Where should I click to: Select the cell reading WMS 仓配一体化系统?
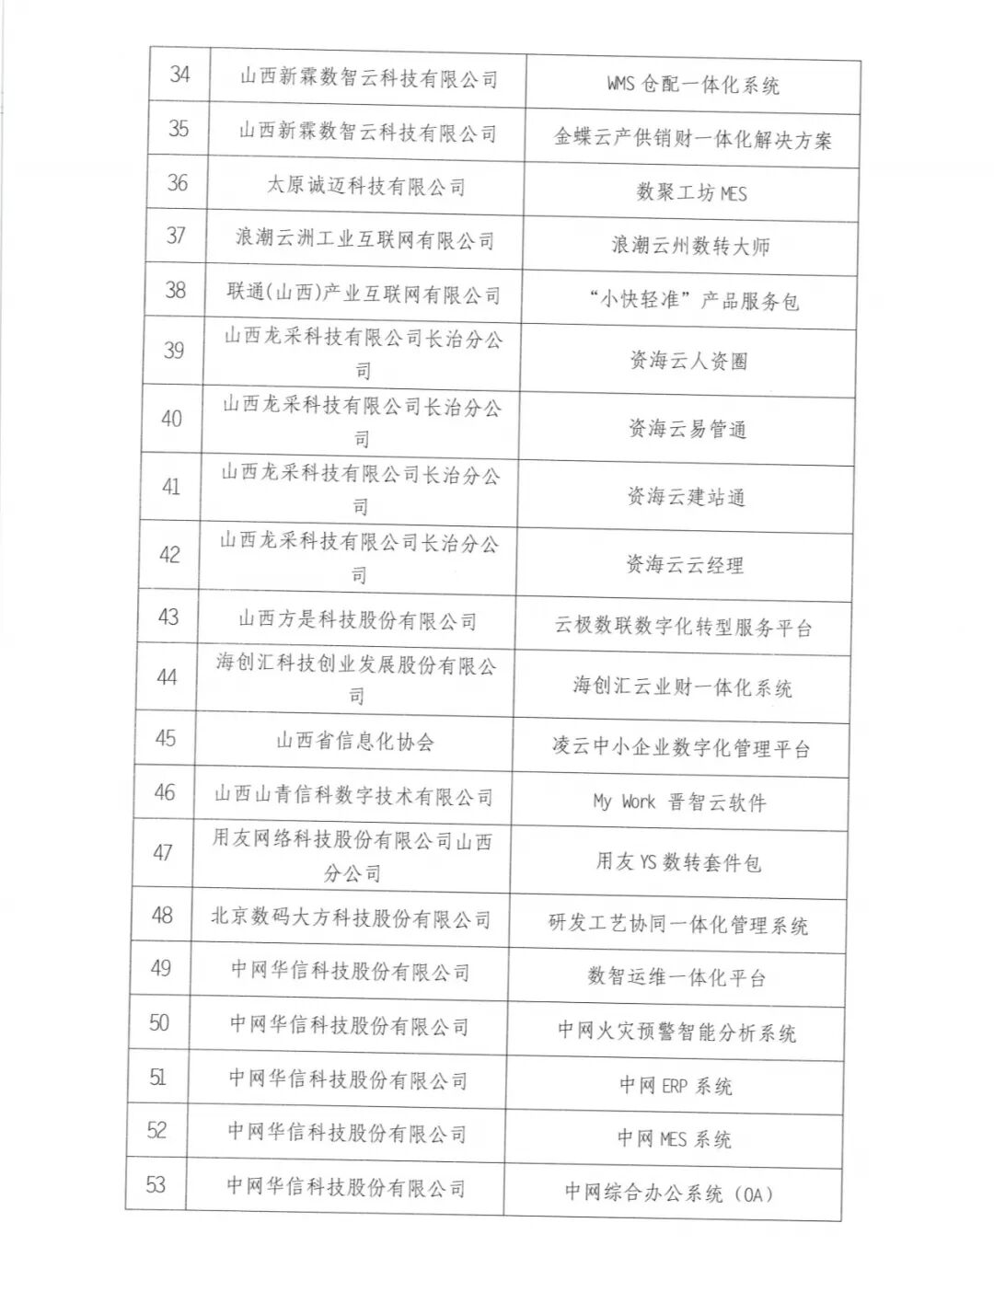692,86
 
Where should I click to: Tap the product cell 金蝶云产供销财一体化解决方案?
692,140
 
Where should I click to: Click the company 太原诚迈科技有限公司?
366,186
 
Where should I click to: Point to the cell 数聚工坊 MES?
691,192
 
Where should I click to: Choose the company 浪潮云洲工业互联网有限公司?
364,239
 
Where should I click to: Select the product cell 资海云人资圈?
688,361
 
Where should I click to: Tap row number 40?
171,419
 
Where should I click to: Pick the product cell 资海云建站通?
686,497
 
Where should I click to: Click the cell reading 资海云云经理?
685,565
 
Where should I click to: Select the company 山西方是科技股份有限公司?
357,620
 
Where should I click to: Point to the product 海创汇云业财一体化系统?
682,687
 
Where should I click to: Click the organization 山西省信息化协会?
354,741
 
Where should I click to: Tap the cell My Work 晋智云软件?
679,802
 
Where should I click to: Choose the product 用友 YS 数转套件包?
678,862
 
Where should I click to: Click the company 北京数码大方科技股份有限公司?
351,918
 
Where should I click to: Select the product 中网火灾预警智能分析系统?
676,1032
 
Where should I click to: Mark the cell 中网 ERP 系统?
676,1086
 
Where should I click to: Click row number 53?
156,1184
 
